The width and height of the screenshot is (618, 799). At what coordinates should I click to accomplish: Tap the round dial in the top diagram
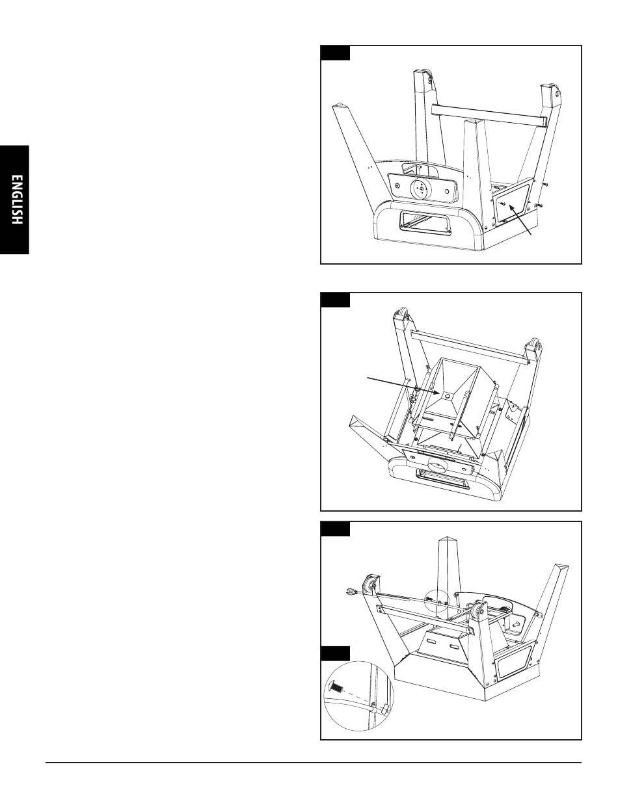(x=420, y=189)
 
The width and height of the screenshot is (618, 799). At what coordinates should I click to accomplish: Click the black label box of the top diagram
(x=335, y=53)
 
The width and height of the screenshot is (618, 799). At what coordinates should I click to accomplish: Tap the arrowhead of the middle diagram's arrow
(x=437, y=393)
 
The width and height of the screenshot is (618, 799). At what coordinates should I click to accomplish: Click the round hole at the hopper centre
(x=447, y=396)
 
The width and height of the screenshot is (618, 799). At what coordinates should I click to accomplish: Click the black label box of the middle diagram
(x=335, y=300)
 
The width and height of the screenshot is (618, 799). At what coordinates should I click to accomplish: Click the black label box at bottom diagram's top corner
(x=335, y=529)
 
